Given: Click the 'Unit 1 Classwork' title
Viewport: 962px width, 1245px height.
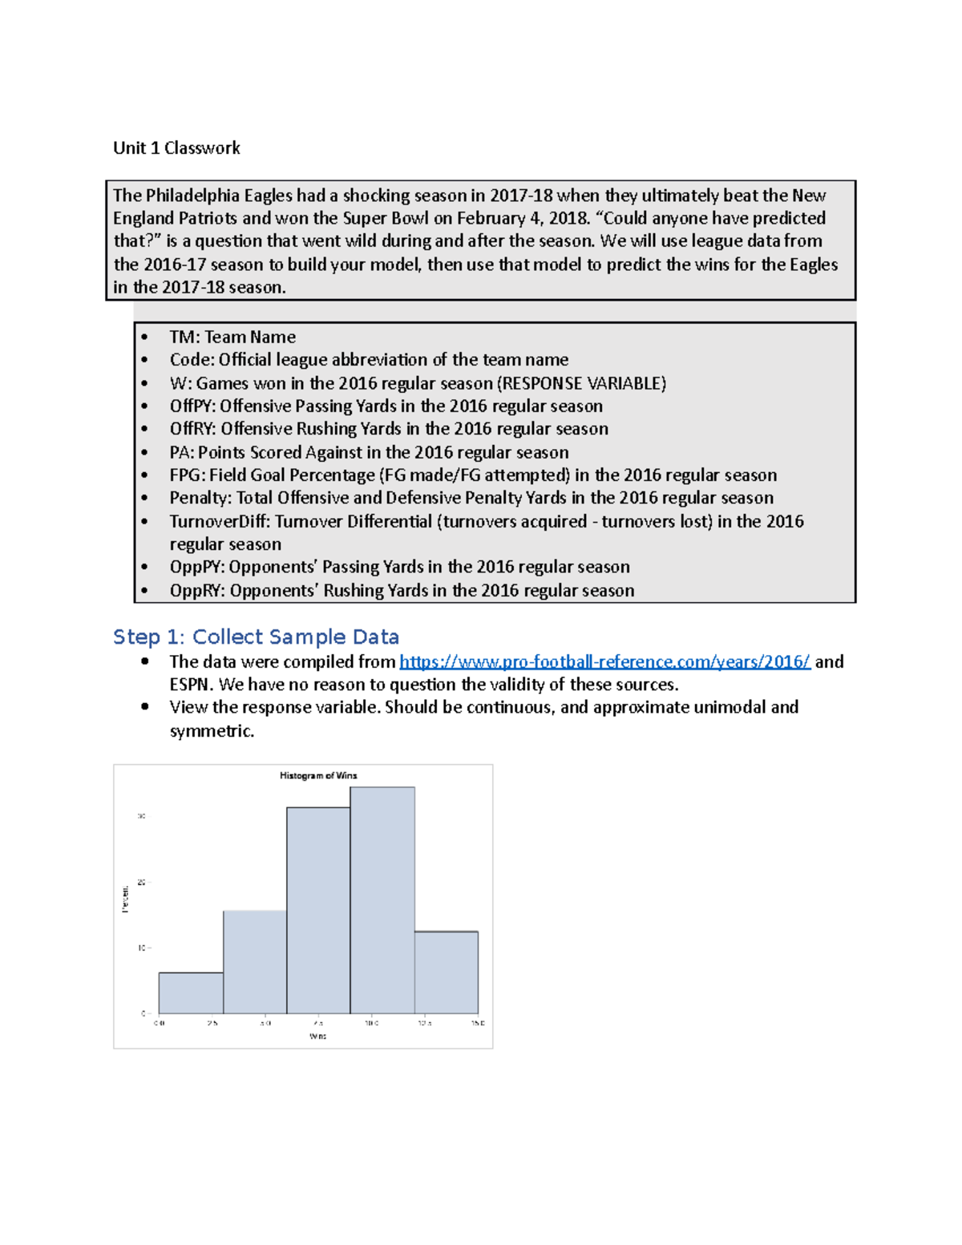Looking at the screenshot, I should click(176, 148).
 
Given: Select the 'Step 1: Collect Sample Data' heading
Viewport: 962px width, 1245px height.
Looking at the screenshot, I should click(256, 637).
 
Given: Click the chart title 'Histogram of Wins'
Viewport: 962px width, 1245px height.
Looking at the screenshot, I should click(318, 775).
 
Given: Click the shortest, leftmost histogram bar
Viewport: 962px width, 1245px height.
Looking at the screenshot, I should click(191, 993).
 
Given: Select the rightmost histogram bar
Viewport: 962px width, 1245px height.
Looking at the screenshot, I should click(447, 972).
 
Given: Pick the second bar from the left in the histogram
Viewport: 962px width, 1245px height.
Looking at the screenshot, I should click(255, 962).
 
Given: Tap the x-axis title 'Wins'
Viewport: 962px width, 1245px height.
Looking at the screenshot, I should click(318, 1036).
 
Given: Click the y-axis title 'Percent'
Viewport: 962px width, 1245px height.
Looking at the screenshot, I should click(125, 899).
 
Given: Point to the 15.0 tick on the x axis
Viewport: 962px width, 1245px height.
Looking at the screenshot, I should click(478, 1023).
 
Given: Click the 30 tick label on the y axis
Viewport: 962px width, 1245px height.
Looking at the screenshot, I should click(141, 816).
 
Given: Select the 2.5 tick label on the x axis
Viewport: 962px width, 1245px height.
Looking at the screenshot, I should click(212, 1023).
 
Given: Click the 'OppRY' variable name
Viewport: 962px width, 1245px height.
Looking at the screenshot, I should click(195, 591).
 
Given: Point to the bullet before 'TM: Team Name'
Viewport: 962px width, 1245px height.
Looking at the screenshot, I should click(145, 337).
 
